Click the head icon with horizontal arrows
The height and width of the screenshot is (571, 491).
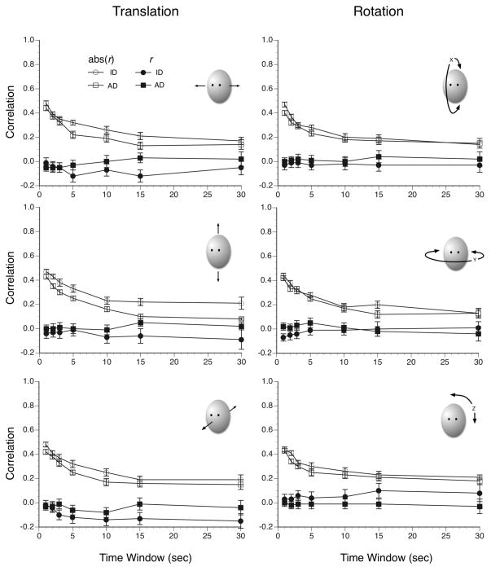point(216,86)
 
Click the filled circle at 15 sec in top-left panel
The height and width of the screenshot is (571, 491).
point(141,176)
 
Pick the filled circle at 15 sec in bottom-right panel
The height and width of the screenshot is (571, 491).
point(379,490)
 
